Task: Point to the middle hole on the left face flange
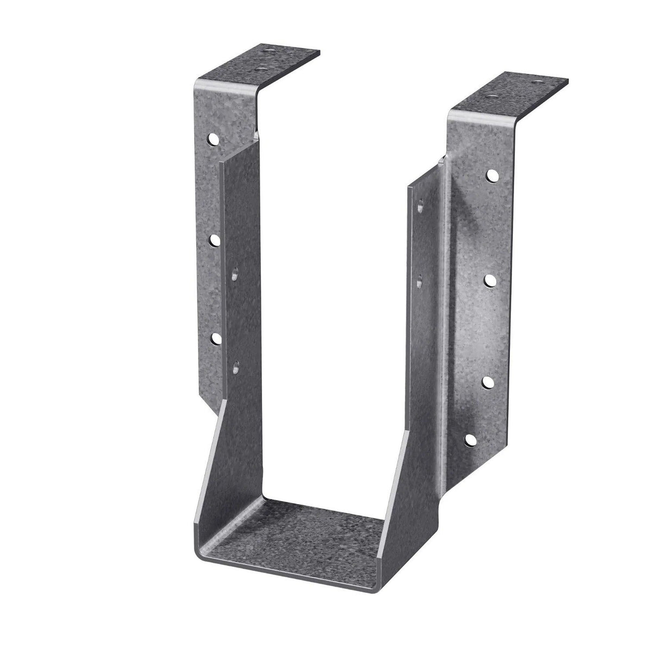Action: (x=214, y=239)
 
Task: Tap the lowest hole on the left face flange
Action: (x=215, y=339)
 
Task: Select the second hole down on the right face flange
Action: (x=489, y=280)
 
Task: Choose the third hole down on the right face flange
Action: (x=487, y=381)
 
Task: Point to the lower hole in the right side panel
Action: (x=419, y=281)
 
